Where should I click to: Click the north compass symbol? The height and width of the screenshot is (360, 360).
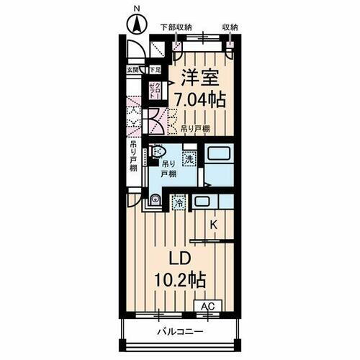135,22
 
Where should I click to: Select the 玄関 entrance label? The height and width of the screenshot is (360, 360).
134,70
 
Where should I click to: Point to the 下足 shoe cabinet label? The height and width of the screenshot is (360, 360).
154,70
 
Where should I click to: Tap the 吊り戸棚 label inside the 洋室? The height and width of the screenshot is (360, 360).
196,128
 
